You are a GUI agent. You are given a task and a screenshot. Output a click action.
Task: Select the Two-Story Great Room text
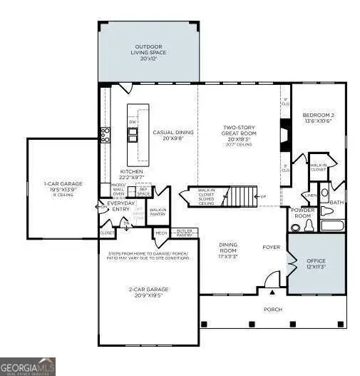click(240, 133)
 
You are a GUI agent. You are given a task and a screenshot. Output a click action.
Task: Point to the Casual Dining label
click(170, 135)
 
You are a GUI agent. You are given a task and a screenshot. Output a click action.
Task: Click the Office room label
click(316, 264)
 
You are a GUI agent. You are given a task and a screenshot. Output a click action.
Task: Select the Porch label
click(272, 309)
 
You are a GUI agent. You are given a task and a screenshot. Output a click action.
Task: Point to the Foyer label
click(271, 248)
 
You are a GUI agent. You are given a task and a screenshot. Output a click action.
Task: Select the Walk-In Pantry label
click(158, 211)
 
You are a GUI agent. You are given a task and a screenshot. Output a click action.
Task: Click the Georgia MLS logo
click(28, 365)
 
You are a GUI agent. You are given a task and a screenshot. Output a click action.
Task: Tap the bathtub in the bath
click(332, 226)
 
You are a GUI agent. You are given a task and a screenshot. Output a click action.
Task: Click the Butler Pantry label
click(185, 233)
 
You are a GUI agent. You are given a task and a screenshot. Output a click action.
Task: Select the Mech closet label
click(161, 233)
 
